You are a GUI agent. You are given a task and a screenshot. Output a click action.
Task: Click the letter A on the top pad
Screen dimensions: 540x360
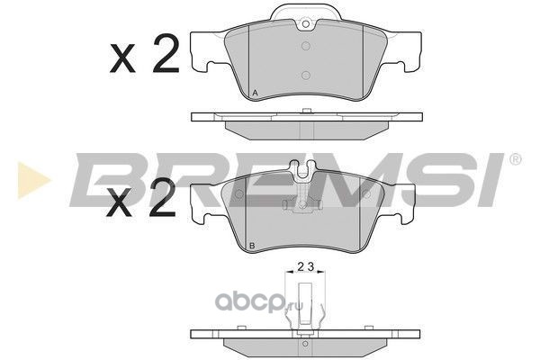(x=255, y=93)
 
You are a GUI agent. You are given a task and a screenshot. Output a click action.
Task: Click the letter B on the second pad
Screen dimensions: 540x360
(x=252, y=246)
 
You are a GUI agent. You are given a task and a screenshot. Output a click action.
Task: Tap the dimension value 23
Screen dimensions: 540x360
(x=306, y=266)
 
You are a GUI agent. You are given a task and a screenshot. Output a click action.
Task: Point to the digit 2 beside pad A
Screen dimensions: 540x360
(x=166, y=53)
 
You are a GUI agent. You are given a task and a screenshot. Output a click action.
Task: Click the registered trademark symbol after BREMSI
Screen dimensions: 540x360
(x=515, y=159)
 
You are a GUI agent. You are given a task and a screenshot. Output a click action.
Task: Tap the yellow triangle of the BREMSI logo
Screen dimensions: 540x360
(x=33, y=180)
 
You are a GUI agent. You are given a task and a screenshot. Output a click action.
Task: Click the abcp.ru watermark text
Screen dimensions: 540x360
(x=259, y=303)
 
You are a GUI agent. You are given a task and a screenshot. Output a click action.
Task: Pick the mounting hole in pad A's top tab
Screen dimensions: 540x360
(x=306, y=24)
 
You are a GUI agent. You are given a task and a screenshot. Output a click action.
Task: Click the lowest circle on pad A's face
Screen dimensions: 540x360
(x=306, y=76)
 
